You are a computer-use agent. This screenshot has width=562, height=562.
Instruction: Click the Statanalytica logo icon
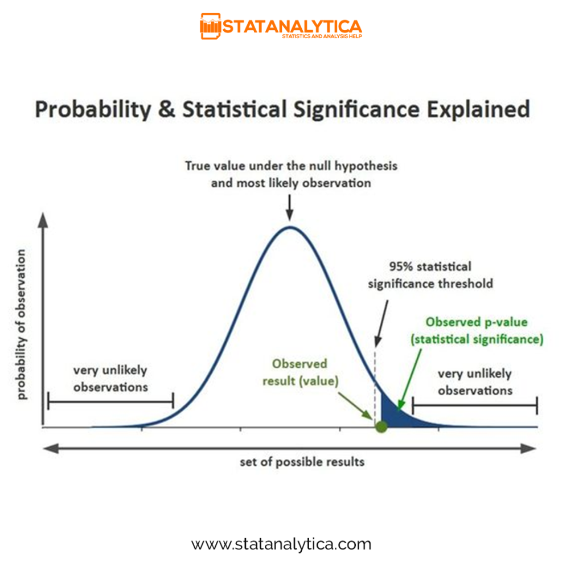(210, 26)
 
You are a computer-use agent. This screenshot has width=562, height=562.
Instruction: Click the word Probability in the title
(93, 110)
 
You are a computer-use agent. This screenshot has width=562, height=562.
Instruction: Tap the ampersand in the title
(167, 109)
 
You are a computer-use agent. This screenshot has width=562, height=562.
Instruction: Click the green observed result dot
(381, 426)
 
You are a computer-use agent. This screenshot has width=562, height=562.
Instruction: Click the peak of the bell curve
(290, 227)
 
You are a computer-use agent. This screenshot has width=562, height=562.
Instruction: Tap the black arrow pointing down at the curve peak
(290, 207)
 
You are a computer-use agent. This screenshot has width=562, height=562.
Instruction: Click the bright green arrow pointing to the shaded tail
(410, 379)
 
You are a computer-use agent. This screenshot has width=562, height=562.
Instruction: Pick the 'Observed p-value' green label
(477, 322)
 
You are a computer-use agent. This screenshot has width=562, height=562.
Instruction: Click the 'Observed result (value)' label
(300, 372)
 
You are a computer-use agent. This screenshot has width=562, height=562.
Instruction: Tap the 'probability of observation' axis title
(21, 325)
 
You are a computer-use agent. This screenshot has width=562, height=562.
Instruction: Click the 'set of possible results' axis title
(302, 462)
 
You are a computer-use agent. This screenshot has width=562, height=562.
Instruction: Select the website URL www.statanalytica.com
(281, 544)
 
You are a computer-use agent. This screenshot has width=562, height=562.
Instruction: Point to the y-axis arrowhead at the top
(43, 220)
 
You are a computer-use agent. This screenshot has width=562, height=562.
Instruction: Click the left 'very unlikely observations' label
(110, 379)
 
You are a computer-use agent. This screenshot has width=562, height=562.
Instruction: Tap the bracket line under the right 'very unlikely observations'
(475, 405)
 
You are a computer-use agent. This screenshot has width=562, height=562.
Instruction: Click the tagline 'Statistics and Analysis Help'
(322, 36)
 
